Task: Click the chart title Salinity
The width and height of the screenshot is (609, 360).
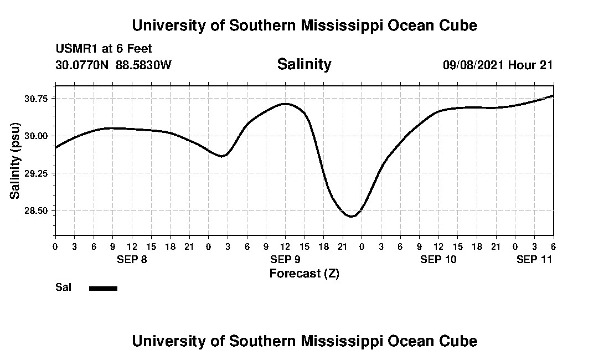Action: pos(304,64)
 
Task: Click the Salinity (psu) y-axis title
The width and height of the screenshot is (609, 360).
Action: pos(15,160)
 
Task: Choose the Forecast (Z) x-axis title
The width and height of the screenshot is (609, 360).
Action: pos(304,274)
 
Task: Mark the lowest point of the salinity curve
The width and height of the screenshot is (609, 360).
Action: pos(351,216)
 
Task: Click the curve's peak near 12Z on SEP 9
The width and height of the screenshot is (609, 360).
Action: pos(285,104)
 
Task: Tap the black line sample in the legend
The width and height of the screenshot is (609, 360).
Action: pos(103,288)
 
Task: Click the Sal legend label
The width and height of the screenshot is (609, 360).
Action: pos(63,287)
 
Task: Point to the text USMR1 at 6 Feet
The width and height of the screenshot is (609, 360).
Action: pos(104,49)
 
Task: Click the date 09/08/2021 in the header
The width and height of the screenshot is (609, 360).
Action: pos(473,65)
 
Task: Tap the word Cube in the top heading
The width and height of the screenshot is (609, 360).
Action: pos(459,25)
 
